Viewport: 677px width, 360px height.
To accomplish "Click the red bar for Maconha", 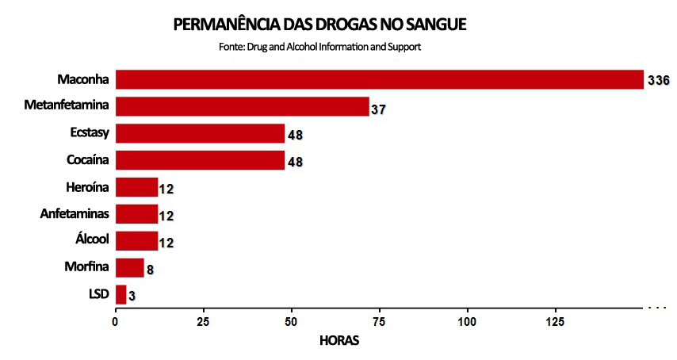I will [x=380, y=79].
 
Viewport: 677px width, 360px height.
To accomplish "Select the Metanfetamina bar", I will [x=243, y=106].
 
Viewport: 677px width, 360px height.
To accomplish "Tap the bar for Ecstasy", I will [x=200, y=133].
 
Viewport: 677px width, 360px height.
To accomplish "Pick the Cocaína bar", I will [x=200, y=160].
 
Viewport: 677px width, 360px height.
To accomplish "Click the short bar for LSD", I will [x=120, y=294].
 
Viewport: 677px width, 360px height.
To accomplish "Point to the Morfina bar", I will [x=130, y=267].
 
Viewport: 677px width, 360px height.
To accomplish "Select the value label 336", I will [x=659, y=81].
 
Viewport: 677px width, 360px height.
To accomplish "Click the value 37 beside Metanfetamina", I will [x=378, y=109].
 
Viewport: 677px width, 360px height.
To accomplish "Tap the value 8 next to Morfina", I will [x=150, y=270].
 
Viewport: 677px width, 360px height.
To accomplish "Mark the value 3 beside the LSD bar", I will [x=132, y=297].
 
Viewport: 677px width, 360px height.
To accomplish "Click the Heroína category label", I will [x=87, y=187].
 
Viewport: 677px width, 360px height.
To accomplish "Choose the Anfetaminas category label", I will [x=75, y=214].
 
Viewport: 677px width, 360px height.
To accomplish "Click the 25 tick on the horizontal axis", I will [x=204, y=322].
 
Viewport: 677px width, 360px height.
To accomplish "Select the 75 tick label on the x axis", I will [x=380, y=322].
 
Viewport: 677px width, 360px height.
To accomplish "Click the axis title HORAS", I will [x=338, y=341].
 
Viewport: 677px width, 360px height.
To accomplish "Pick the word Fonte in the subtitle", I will [x=231, y=47].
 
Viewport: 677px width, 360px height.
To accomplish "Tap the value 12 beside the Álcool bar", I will [x=166, y=243].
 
